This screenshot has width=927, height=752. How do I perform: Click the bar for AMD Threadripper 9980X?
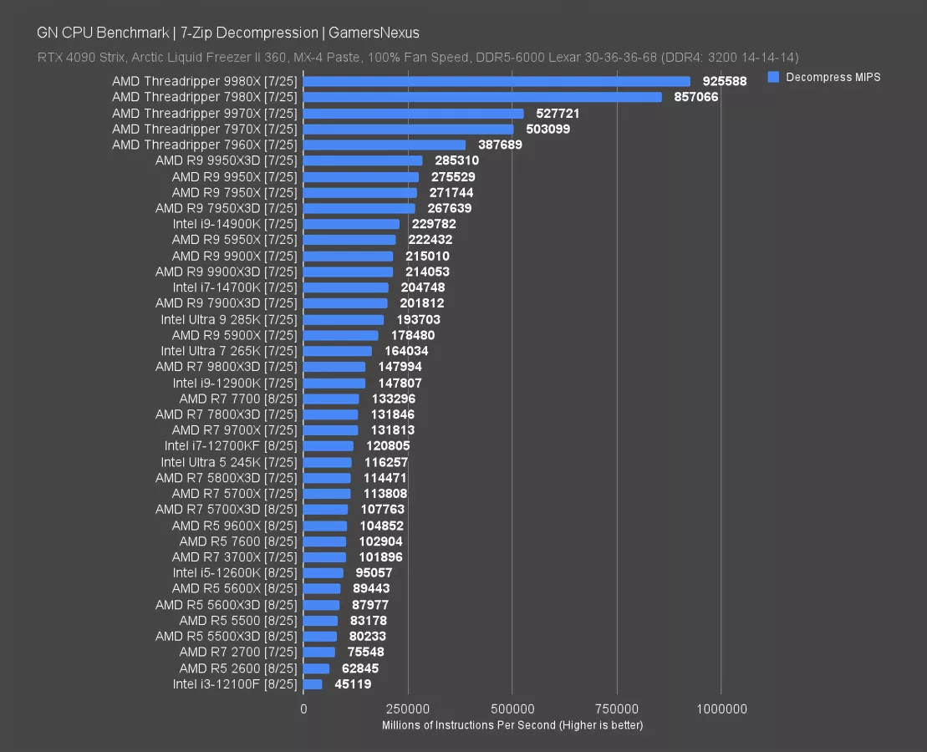coord(497,82)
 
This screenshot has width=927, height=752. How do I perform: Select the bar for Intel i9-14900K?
coord(351,224)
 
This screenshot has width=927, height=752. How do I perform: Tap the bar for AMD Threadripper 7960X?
coord(385,145)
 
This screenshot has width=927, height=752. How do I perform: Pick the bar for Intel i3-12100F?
coord(313,684)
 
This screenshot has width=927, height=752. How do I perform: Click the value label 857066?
coord(696,98)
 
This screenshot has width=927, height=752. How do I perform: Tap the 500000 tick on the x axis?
coord(512,709)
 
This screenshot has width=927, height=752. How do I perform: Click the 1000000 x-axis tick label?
coord(721,709)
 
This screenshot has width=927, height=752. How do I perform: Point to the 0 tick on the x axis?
coord(303,709)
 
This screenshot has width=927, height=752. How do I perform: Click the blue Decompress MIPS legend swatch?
coord(773,77)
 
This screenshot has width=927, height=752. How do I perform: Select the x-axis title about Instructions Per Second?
coord(512,725)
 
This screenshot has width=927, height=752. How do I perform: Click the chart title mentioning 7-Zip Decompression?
coord(228,33)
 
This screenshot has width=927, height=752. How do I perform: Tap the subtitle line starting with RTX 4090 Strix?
coord(418,58)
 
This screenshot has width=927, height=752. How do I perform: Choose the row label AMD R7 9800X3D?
coord(226,367)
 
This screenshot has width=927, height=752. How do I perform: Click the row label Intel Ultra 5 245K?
coord(228,462)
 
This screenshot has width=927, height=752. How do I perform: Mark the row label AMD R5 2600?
coord(237,668)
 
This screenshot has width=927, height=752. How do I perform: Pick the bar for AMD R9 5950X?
coord(349,240)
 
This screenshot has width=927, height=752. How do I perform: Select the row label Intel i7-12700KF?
coord(230,446)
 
